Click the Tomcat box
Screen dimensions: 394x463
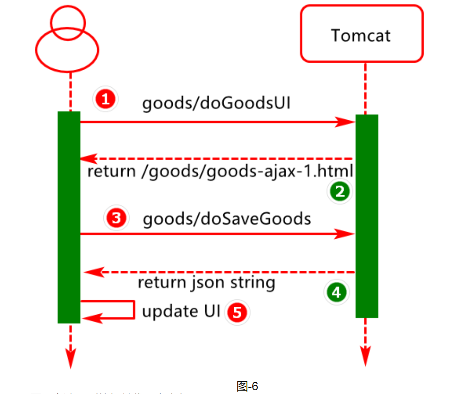[x=362, y=34]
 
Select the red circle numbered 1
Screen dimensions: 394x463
[x=105, y=100]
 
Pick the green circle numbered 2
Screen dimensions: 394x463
[x=339, y=192]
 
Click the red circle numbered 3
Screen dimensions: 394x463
[x=116, y=218]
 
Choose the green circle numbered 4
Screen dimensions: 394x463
[x=337, y=292]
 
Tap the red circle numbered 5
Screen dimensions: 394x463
[x=237, y=313]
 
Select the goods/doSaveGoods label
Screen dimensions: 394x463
[x=227, y=219]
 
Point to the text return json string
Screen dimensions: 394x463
[x=207, y=283]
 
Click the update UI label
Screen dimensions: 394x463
[x=181, y=311]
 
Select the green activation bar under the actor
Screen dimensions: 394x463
[x=69, y=217]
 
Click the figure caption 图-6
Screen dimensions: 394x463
[x=247, y=386]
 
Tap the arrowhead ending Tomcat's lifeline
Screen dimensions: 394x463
[x=366, y=357]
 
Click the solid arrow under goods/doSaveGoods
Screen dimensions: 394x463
[x=217, y=234]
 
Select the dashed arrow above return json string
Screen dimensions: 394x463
[x=220, y=273]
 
